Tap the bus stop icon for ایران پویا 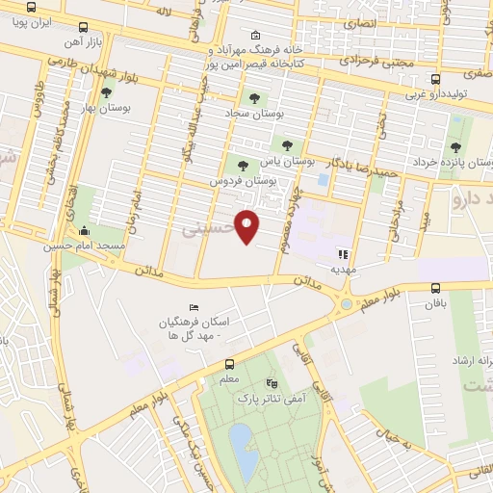coord(84,28)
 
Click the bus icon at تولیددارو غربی coord(436,79)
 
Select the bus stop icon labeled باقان coord(436,287)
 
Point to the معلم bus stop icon coord(229,364)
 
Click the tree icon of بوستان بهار coord(105,92)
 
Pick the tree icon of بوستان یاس coord(285,146)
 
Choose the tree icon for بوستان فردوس coord(242,165)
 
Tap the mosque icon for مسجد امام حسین coord(85,231)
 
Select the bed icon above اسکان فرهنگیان coord(194,306)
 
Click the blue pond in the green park coord(244,450)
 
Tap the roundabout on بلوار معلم coord(346,306)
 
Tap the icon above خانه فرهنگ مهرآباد coord(253,34)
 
